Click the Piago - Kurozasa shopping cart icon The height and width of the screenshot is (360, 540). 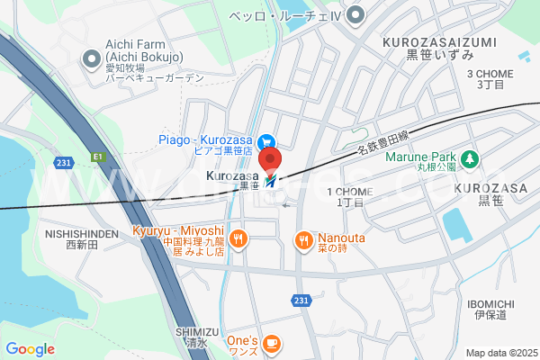point(266,141)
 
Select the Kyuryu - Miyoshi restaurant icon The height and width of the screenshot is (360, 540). point(238,238)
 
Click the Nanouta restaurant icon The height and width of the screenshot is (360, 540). point(302,238)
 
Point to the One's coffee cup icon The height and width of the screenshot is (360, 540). point(272,342)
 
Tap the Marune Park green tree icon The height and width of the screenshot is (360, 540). point(470,159)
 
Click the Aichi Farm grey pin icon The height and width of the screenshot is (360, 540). point(91,60)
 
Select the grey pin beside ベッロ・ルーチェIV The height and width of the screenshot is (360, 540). point(356,14)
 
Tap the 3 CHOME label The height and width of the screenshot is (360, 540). point(490,74)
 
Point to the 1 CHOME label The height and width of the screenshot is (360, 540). point(348,192)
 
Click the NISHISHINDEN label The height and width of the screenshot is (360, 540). point(82,233)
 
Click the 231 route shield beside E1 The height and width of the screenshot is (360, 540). point(61,162)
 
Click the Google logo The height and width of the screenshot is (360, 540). point(30,349)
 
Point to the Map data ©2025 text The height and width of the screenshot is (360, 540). point(500,353)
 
